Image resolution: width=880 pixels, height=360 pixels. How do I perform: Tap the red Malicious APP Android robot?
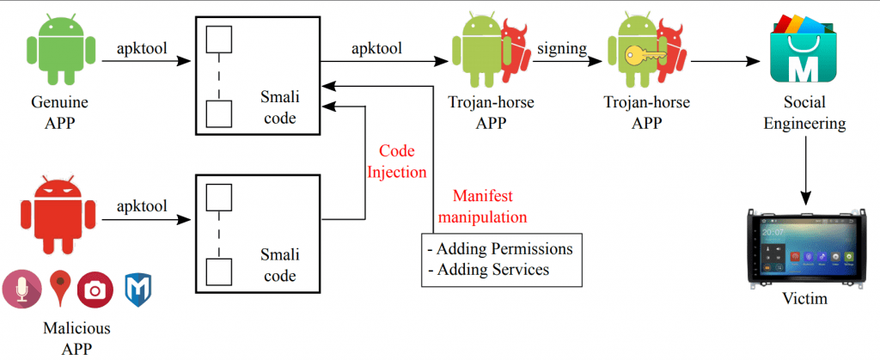(58, 215)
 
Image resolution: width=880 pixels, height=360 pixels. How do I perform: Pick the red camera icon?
(95, 290)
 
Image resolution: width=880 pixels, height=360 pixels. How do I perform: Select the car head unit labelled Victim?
(804, 247)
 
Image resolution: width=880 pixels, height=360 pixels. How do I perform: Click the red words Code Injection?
(397, 161)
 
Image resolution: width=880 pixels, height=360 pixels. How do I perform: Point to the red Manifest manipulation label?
(483, 206)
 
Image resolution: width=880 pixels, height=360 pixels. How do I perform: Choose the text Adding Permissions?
(500, 248)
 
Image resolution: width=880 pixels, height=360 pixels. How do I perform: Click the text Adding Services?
(488, 269)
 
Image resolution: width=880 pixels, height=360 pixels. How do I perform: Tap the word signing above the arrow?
(562, 49)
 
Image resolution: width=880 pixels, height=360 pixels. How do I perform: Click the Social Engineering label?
(804, 113)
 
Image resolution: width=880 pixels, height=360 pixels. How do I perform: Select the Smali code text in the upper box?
(279, 107)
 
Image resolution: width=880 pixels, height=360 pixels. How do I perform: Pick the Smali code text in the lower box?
(279, 265)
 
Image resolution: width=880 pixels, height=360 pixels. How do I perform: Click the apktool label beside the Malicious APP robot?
(142, 206)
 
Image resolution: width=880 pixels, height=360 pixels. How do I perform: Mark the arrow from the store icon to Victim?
(804, 170)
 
